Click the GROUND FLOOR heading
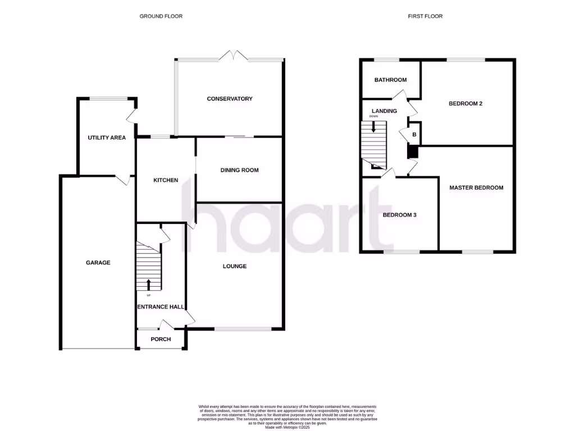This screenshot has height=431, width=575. coord(161,16)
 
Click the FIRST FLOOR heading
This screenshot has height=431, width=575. coord(425,16)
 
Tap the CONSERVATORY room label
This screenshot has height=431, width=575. coord(230,99)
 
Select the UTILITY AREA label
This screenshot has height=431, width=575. coord(106,137)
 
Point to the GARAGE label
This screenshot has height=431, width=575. coord(98,263)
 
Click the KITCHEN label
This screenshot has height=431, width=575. coord(166,180)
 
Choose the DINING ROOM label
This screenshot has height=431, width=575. coord(239,170)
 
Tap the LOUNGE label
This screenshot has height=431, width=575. coord(234,266)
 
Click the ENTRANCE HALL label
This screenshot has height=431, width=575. coord(162,307)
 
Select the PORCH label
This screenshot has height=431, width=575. coord(161,339)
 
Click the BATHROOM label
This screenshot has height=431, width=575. coord(390,80)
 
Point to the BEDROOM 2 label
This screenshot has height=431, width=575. coord(466,104)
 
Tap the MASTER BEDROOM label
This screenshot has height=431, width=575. coord(476,188)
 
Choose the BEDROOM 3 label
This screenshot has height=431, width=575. coord(399,215)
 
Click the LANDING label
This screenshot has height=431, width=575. coord(384,111)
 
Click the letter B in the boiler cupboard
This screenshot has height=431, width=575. coord(414,135)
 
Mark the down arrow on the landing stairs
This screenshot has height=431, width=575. coord(374,126)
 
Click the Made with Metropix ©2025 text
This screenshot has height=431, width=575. coord(287,427)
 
